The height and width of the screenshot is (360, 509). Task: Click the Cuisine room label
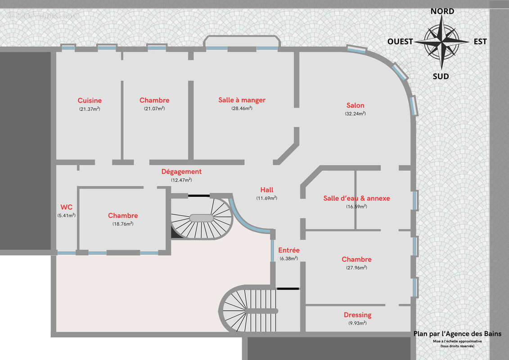pyautogui.click(x=90, y=100)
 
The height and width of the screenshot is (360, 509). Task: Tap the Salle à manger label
pyautogui.click(x=242, y=100)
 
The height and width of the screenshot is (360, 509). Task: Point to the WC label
pyautogui.click(x=66, y=207)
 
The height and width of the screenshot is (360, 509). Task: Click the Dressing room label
pyautogui.click(x=357, y=315)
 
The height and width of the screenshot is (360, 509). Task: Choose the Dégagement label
pyautogui.click(x=181, y=171)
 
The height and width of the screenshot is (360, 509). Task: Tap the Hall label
pyautogui.click(x=266, y=190)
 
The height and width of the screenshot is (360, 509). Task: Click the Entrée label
pyautogui.click(x=288, y=250)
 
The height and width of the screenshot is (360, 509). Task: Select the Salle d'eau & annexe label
pyautogui.click(x=356, y=198)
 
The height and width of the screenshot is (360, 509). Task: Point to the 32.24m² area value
pyautogui.click(x=356, y=114)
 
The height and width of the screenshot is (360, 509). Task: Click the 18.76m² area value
pyautogui.click(x=123, y=224)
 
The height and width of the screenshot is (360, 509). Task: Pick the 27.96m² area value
pyautogui.click(x=356, y=267)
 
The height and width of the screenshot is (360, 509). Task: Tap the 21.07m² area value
pyautogui.click(x=154, y=108)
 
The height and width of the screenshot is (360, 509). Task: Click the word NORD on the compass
pyautogui.click(x=442, y=11)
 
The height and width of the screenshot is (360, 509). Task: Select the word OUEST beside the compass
pyautogui.click(x=400, y=41)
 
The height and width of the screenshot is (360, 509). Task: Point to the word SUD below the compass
pyautogui.click(x=441, y=76)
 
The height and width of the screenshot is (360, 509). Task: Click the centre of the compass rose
pyautogui.click(x=441, y=41)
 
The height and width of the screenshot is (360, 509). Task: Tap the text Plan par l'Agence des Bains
pyautogui.click(x=457, y=334)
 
